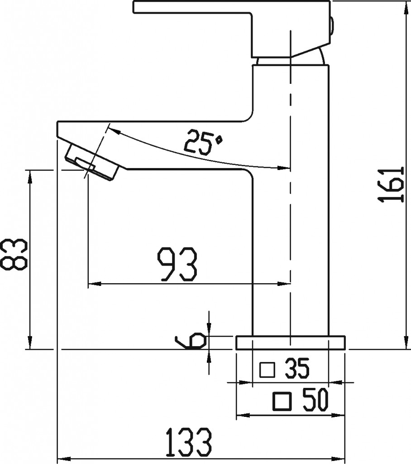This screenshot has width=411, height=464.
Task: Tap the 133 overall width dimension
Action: click(x=189, y=443)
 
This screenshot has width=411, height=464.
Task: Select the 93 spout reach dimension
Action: click(x=177, y=264)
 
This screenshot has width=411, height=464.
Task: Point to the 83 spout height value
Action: click(x=14, y=254)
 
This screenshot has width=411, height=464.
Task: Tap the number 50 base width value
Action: click(x=315, y=400)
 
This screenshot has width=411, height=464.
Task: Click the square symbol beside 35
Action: click(x=268, y=370)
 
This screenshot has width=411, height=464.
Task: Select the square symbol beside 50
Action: click(x=282, y=401)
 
